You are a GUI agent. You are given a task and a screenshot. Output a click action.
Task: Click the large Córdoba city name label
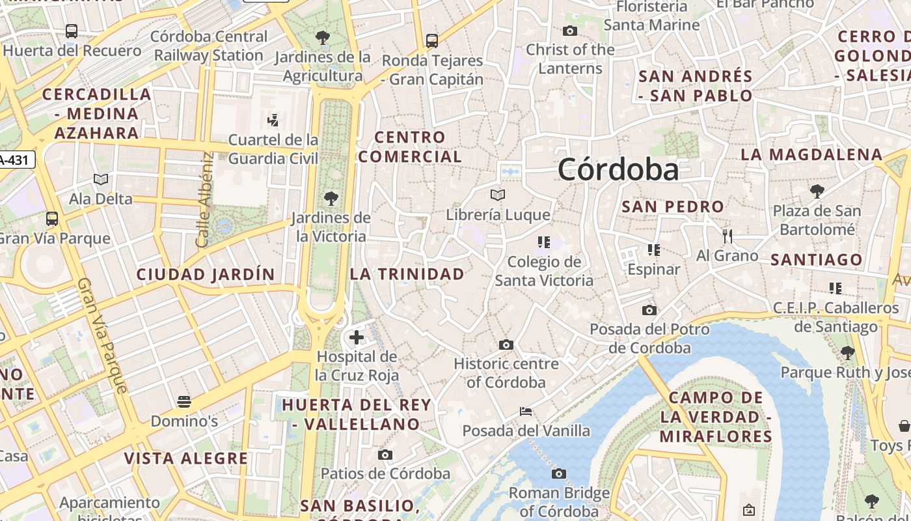coord(618,170)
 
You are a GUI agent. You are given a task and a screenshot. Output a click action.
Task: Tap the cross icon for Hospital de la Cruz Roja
coord(357,337)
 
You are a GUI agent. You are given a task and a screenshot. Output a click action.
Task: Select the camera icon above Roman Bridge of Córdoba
coord(559,473)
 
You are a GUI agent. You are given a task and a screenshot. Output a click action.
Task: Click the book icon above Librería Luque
coord(498,195)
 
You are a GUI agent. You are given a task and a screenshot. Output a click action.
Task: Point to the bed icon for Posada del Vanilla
coord(526,411)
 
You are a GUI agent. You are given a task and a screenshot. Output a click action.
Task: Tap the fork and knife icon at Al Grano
coord(727,236)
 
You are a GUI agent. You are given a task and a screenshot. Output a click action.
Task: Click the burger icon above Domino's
coord(184,401)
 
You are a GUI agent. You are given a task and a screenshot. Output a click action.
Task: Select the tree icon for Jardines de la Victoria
coord(331,198)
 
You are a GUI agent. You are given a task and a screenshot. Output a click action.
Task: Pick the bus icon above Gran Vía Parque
coord(52,219)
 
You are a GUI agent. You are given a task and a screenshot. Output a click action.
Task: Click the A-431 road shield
coord(16,160)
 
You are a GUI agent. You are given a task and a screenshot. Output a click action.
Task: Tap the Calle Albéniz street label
coord(205,200)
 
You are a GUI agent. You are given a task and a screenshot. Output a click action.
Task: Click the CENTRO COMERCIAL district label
coord(410,147)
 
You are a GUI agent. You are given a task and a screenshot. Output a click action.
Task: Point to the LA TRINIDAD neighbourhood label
coord(407,274)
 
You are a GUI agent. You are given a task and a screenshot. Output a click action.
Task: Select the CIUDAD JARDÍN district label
coord(206,275)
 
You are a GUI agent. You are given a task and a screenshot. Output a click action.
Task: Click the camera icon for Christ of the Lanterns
coord(570,31)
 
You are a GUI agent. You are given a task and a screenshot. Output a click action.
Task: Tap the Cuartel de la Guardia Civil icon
coord(273,120)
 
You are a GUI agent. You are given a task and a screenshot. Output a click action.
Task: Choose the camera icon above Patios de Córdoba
coord(385,455)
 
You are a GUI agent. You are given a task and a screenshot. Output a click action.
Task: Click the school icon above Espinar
coord(654,249)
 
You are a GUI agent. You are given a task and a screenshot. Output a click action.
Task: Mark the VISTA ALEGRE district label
coord(186,458)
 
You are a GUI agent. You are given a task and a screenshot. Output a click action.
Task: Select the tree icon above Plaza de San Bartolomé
coord(817,191)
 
